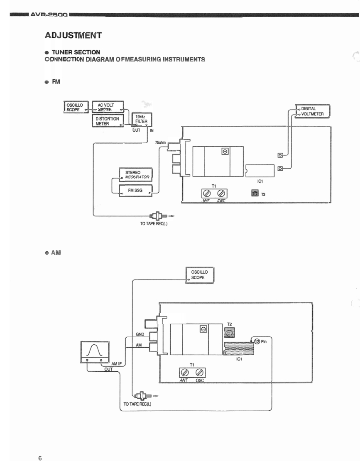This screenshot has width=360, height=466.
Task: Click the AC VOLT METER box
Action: click(108, 108)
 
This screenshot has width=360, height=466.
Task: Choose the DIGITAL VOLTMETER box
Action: click(312, 111)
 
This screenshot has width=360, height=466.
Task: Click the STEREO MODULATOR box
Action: click(135, 175)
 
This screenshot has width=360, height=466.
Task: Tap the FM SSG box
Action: click(135, 191)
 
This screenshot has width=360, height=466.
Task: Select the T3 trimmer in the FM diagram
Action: click(255, 193)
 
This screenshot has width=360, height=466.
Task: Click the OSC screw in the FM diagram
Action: click(222, 193)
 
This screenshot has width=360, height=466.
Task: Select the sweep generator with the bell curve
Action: click(95, 351)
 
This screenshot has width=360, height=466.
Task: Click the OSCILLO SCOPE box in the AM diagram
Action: click(199, 275)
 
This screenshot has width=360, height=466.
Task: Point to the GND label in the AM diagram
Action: click(140, 334)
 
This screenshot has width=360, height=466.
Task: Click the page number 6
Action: click(40, 458)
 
